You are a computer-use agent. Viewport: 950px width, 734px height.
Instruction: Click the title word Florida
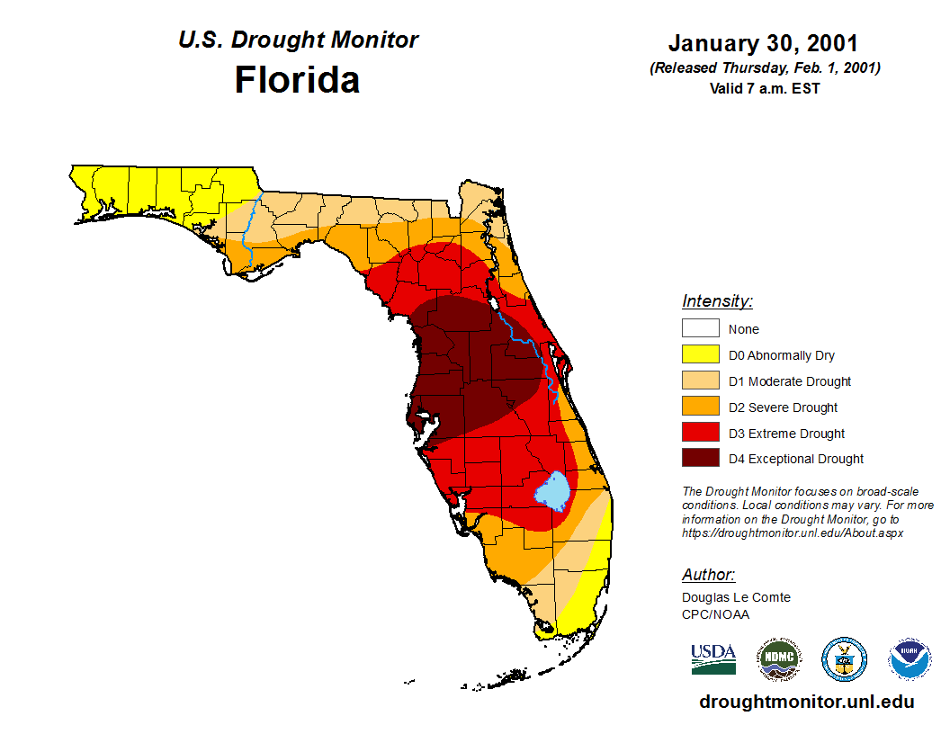[x=297, y=80]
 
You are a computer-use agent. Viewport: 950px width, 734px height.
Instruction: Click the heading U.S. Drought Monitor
[x=298, y=40]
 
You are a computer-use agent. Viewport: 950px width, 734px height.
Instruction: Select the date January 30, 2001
[x=763, y=43]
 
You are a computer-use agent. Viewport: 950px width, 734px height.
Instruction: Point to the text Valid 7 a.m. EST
[x=764, y=88]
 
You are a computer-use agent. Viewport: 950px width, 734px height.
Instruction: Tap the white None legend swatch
[x=700, y=329]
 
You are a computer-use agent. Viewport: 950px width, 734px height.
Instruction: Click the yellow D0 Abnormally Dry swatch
[x=700, y=355]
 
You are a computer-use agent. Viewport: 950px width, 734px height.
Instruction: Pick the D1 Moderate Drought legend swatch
[x=700, y=381]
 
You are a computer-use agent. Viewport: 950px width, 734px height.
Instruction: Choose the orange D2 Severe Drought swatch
[x=700, y=407]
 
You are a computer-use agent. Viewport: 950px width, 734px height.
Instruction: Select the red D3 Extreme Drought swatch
[x=700, y=434]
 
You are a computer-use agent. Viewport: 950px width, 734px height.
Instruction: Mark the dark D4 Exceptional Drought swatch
[x=700, y=459]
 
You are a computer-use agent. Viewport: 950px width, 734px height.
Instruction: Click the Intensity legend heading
[x=717, y=301]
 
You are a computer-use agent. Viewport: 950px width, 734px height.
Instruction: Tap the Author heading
[x=708, y=575]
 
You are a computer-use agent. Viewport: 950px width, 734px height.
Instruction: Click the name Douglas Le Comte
[x=736, y=597]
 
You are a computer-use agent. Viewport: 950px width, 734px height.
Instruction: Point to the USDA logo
[x=713, y=658]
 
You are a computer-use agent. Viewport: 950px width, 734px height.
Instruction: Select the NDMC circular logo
[x=779, y=659]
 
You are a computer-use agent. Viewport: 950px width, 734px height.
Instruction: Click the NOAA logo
[x=910, y=659]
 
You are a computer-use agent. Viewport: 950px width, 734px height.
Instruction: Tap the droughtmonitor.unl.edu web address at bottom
[x=806, y=703]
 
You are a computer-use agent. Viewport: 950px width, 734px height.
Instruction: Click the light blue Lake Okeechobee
[x=552, y=490]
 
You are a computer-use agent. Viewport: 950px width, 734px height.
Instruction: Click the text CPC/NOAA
[x=715, y=614]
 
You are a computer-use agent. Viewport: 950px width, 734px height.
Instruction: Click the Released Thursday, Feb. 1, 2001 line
[x=765, y=68]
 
